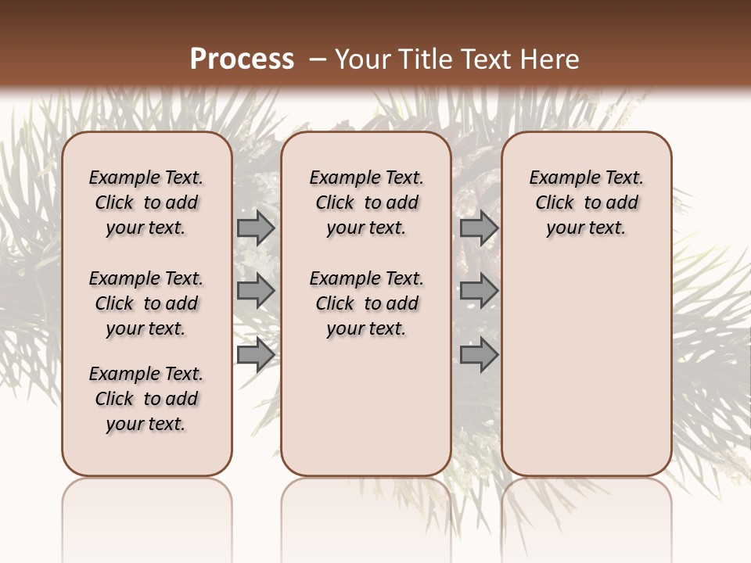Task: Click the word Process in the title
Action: point(242,59)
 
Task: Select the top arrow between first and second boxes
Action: point(255,228)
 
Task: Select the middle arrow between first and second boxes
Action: point(255,291)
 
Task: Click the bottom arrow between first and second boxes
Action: point(255,355)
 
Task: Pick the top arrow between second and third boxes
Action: point(479,228)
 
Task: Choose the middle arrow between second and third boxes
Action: point(479,291)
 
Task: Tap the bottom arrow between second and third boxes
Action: point(479,355)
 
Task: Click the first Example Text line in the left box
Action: point(146,178)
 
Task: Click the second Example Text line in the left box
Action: point(146,278)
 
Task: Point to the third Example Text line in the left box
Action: point(146,374)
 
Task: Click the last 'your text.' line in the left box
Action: point(146,425)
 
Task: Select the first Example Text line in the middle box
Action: point(366,178)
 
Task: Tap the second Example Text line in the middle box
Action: point(366,278)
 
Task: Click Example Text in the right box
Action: point(586,178)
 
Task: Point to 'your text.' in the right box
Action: point(586,228)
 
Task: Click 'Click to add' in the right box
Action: point(586,203)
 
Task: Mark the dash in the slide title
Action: point(318,60)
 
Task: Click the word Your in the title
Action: point(364,59)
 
